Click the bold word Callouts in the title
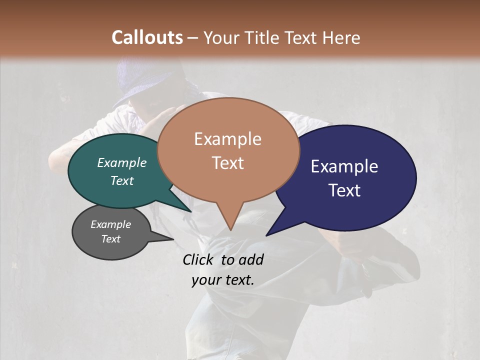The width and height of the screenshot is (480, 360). (x=147, y=37)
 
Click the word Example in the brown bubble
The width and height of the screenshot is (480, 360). (x=227, y=139)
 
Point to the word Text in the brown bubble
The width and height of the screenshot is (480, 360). (x=227, y=163)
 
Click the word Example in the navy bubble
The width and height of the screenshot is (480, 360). (x=344, y=166)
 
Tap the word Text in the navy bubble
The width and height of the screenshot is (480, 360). (x=344, y=190)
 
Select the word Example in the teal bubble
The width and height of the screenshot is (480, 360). (x=122, y=162)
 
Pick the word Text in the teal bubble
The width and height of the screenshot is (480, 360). (x=122, y=180)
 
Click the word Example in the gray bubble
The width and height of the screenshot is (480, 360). (x=111, y=224)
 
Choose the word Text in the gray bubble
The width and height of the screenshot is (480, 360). (x=111, y=239)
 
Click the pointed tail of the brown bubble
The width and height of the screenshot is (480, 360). (x=230, y=225)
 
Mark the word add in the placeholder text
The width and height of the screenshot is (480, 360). (x=251, y=259)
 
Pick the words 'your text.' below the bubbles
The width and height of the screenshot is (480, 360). (x=223, y=280)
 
